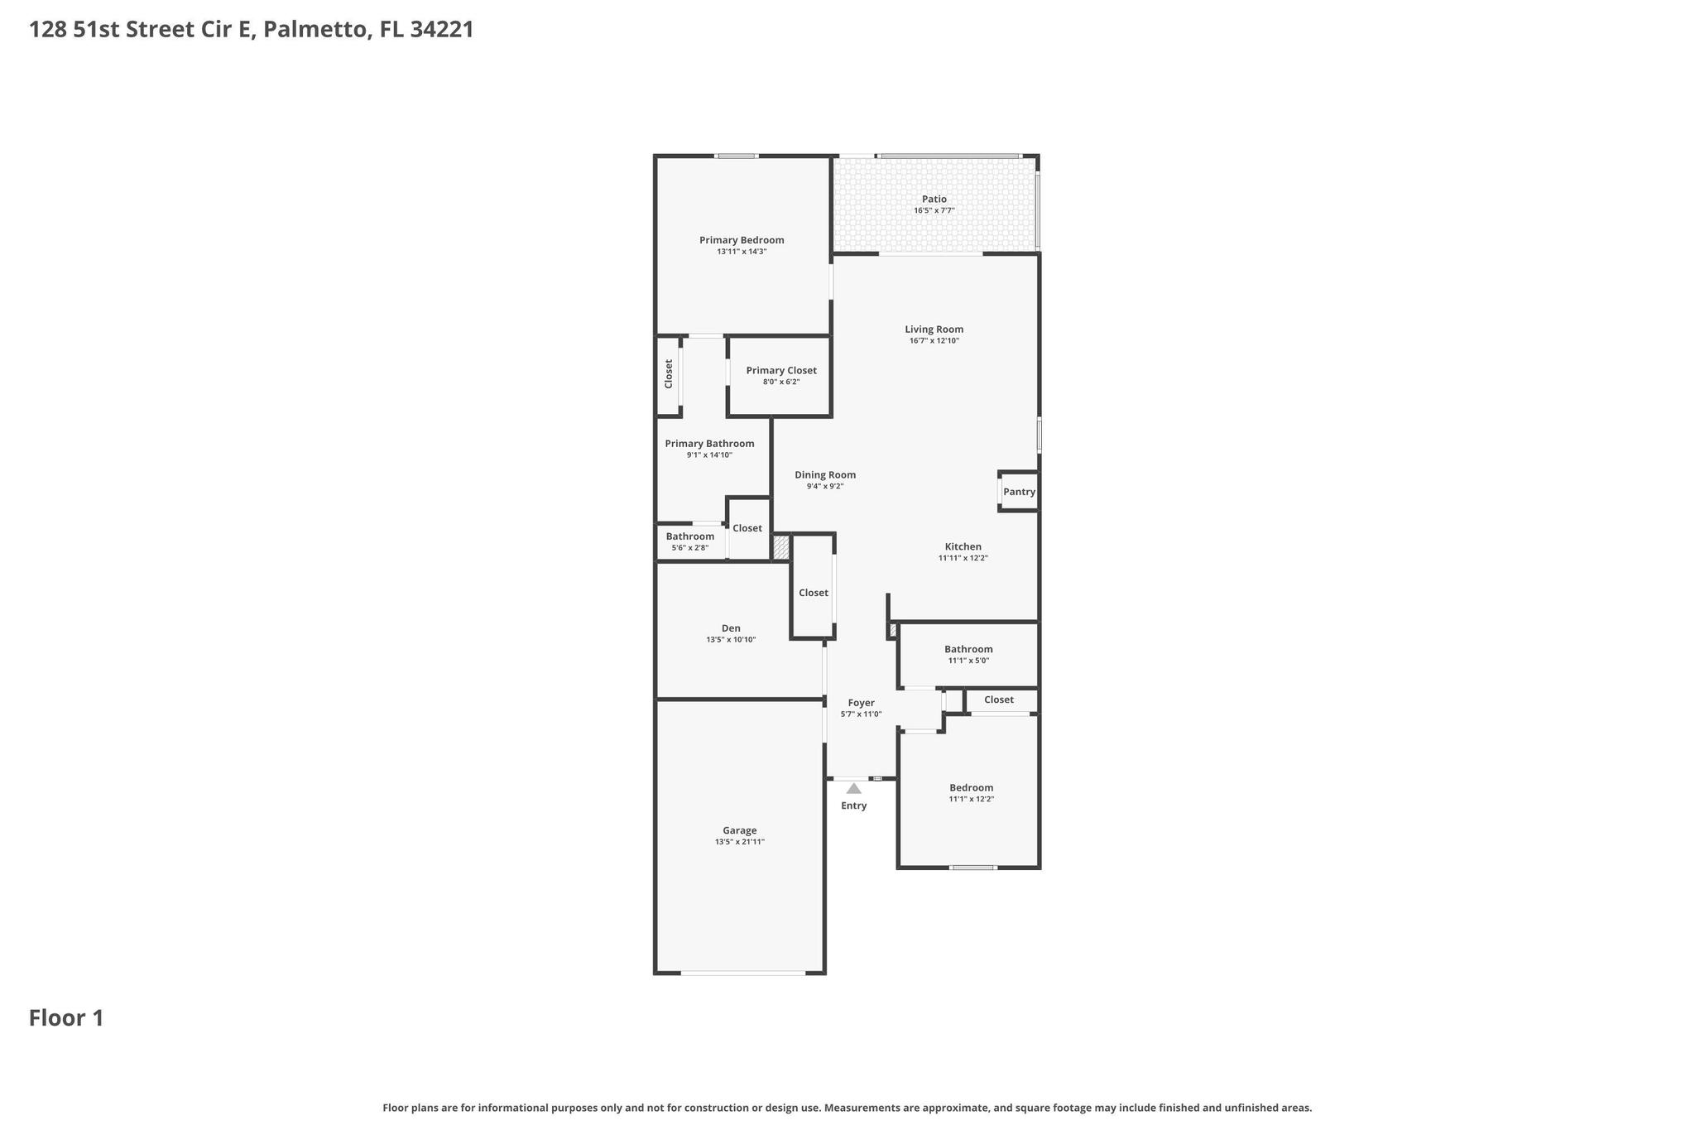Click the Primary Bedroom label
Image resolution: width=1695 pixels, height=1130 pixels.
click(x=741, y=240)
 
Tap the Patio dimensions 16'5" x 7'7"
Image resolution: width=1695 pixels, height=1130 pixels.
click(x=934, y=211)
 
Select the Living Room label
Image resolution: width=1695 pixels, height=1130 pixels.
click(x=934, y=329)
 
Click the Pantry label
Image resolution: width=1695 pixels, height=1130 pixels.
click(x=1019, y=492)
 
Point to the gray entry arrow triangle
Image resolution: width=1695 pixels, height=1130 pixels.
click(x=853, y=789)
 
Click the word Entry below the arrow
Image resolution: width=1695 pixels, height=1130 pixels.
click(x=853, y=805)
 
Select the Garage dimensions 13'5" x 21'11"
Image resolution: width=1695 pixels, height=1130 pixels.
click(x=739, y=842)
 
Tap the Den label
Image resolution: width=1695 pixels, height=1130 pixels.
click(x=730, y=628)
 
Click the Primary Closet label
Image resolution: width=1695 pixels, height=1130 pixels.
click(x=780, y=371)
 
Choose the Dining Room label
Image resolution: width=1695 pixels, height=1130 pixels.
click(x=824, y=475)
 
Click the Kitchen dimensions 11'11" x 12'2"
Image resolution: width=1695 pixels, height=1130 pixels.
click(x=963, y=558)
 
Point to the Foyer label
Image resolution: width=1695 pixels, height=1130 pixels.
click(x=861, y=703)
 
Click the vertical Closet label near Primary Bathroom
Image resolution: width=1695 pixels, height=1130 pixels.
click(x=669, y=373)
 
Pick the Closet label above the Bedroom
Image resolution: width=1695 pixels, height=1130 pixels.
click(x=998, y=700)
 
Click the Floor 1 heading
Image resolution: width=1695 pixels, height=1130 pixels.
click(x=66, y=1017)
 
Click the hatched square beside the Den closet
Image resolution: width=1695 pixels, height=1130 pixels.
click(x=780, y=546)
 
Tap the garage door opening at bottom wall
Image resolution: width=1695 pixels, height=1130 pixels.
click(x=742, y=973)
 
